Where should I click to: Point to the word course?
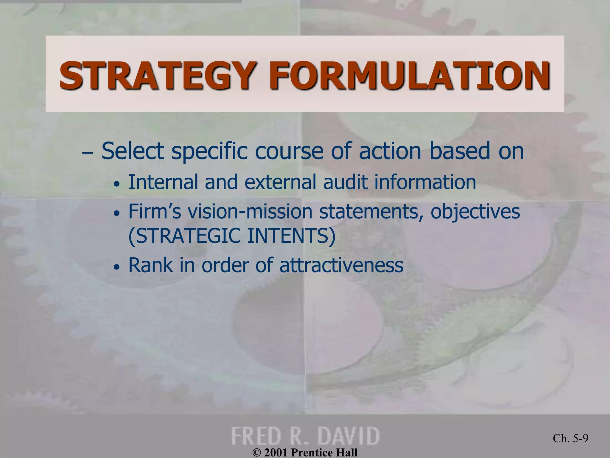(289, 151)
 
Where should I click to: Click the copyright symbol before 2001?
(256, 453)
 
